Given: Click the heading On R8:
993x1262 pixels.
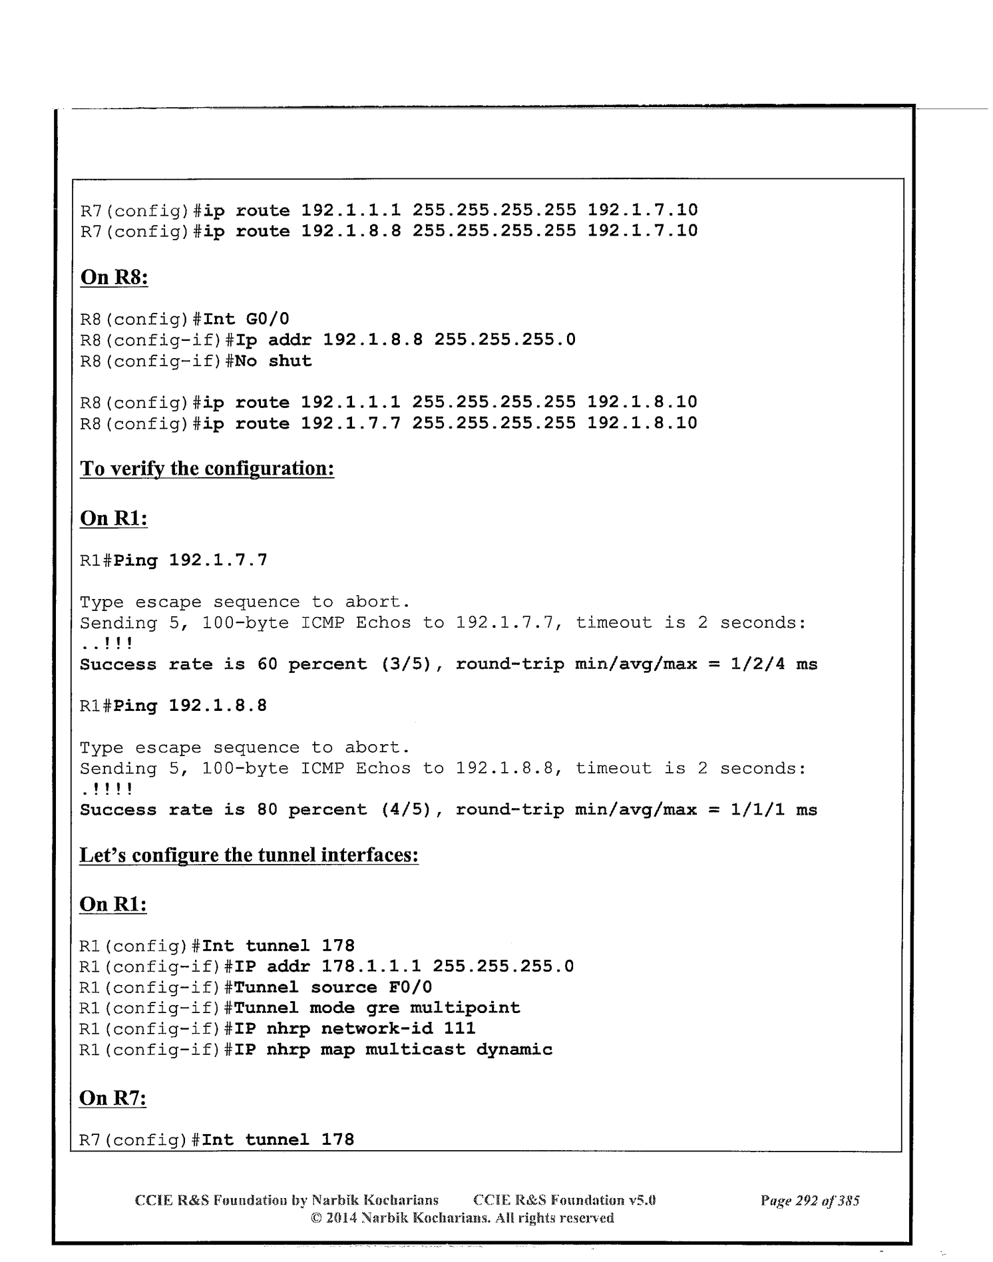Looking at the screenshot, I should click(114, 277).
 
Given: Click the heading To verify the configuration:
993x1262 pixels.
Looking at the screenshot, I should click(207, 469).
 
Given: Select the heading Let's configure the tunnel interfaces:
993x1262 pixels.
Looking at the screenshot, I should click(249, 855).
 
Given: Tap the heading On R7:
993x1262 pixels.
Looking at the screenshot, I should click(113, 1098).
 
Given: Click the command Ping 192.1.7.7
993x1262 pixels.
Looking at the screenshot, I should click(191, 560).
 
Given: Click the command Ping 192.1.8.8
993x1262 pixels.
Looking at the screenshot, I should click(191, 706).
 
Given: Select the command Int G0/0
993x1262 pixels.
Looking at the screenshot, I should click(246, 319).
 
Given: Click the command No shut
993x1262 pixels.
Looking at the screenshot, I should click(273, 361).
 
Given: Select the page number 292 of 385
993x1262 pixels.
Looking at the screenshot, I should click(810, 1201).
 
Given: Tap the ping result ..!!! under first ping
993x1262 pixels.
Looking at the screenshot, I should click(106, 644).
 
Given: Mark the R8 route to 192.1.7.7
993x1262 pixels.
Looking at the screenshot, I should click(388, 423).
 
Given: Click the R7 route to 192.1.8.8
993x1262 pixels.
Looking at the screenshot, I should click(388, 231).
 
